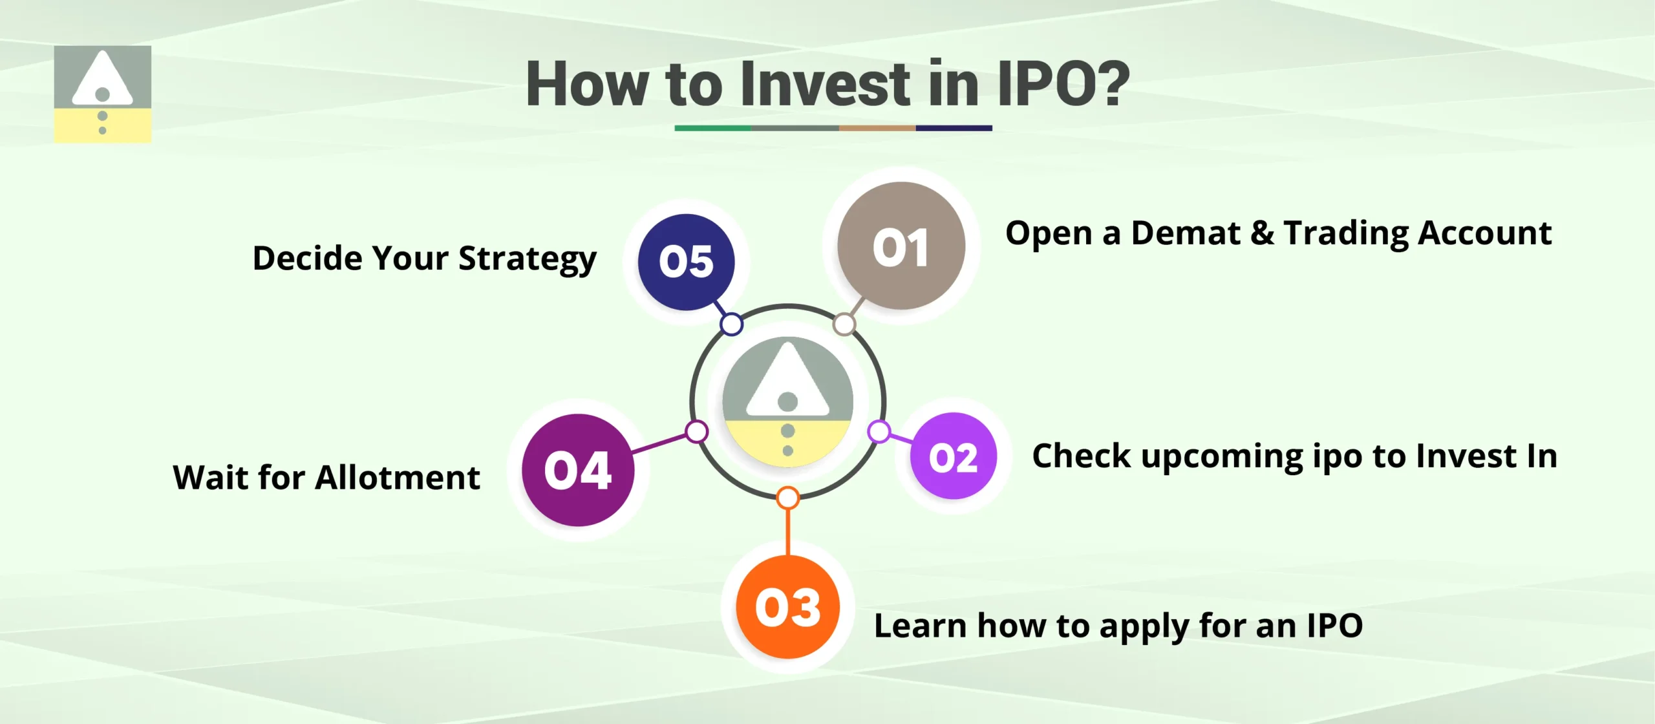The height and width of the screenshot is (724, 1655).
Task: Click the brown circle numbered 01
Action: pos(901,246)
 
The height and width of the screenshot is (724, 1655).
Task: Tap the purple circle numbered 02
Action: pos(953,456)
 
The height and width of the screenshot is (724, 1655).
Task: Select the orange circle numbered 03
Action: pos(787,607)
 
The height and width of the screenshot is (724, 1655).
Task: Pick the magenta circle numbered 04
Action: pos(578,470)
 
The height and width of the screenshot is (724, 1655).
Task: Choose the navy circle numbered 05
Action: pos(686,262)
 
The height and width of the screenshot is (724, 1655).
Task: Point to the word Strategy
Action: pos(527,259)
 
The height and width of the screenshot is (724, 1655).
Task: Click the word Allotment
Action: pos(398,478)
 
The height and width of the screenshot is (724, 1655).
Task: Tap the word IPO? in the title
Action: pos(1063,84)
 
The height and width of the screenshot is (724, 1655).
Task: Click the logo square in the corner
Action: pos(102,94)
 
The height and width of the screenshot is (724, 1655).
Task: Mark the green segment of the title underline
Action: pos(712,128)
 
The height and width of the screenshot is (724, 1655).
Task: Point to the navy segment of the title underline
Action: pos(954,128)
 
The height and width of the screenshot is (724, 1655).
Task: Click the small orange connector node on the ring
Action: pos(787,498)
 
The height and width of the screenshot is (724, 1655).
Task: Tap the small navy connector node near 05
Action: pos(731,324)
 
